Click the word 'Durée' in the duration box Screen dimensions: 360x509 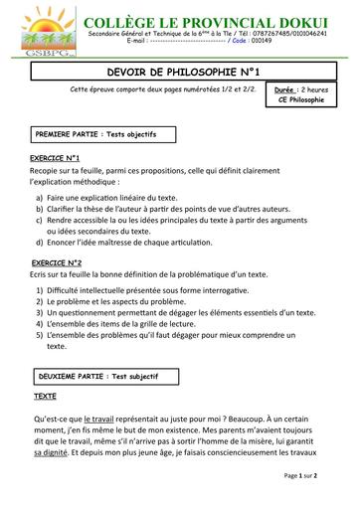pos(283,88)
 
